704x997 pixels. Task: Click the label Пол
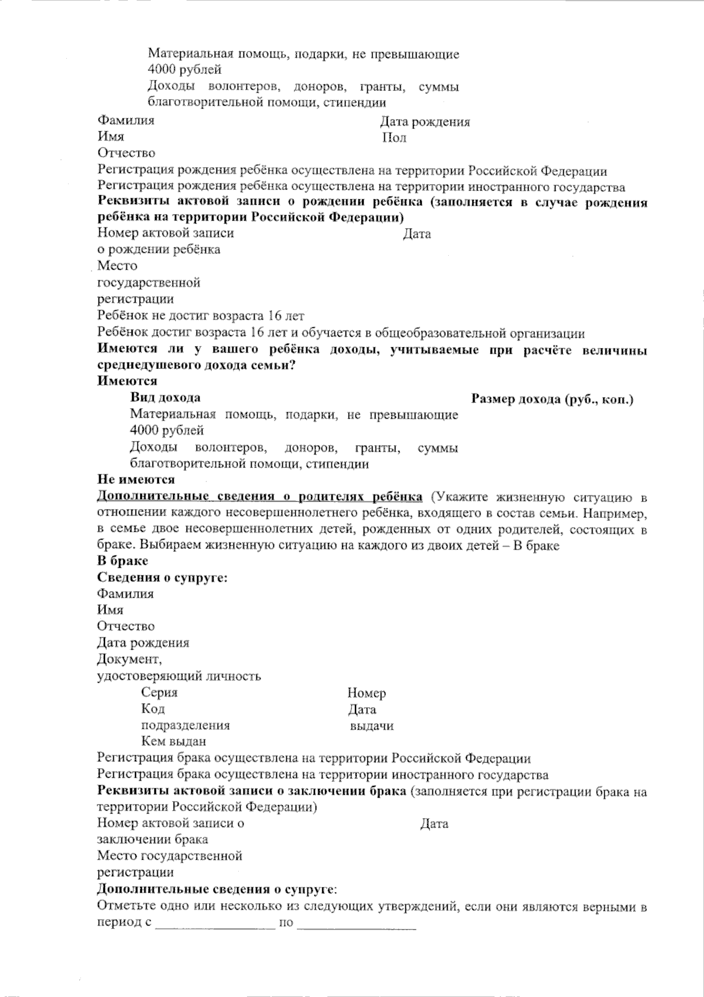(x=394, y=138)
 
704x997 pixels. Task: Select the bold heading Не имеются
(x=136, y=480)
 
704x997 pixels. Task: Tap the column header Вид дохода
(x=165, y=398)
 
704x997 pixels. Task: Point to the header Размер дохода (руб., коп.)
(x=552, y=400)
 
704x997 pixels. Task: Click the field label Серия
(x=159, y=693)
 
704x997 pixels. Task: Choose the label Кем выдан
(x=173, y=741)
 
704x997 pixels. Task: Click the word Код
(x=153, y=709)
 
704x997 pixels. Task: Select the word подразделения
(x=185, y=725)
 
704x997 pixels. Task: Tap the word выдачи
(x=371, y=726)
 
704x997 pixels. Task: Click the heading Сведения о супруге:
(x=162, y=578)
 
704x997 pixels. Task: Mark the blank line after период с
(x=216, y=923)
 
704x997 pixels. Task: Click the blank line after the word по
(x=357, y=923)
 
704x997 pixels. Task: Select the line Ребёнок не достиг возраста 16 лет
(x=201, y=316)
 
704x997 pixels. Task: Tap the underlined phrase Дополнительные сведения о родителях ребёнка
(x=259, y=497)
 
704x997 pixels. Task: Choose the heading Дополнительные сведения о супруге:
(x=216, y=889)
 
